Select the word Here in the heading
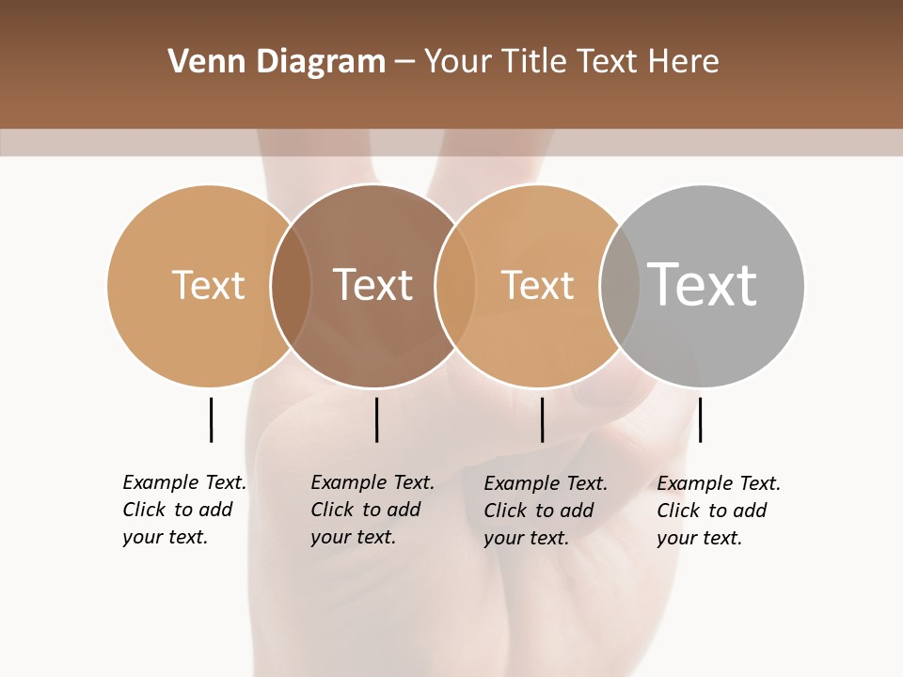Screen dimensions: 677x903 (684, 61)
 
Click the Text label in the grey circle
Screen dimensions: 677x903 (703, 284)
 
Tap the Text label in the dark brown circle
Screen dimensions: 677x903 (373, 285)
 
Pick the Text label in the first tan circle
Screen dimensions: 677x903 (208, 285)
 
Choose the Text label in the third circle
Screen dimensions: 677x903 (537, 285)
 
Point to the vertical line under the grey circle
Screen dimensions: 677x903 (700, 419)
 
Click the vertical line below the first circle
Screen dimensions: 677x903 (211, 419)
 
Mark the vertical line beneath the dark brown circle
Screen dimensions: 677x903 (376, 419)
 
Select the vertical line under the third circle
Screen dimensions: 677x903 (542, 419)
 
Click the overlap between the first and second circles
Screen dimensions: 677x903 (291, 285)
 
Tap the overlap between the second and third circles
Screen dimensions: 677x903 (455, 285)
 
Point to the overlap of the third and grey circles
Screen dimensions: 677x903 (620, 285)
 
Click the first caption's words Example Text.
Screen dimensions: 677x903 (184, 482)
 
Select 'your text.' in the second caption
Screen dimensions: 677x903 (353, 537)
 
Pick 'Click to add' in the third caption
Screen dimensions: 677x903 (539, 510)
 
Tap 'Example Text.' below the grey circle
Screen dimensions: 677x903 (719, 483)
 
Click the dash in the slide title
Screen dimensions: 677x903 (404, 62)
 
